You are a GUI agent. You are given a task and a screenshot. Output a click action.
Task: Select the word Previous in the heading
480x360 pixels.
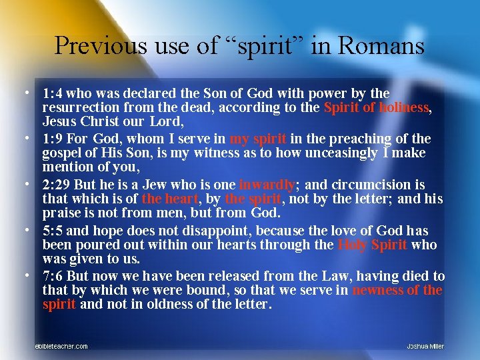[x=99, y=46]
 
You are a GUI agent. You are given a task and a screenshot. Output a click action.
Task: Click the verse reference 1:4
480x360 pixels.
[x=52, y=93]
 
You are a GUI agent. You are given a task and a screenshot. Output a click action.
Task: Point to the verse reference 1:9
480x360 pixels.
[x=52, y=139]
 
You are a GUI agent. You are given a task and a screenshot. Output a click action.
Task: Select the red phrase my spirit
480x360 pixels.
[x=258, y=139]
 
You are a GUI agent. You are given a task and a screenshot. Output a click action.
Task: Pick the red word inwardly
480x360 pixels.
[x=267, y=185]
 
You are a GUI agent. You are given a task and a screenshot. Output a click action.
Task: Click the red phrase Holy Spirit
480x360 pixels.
[x=372, y=245]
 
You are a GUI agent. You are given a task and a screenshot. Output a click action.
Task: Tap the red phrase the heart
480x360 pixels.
[x=169, y=199]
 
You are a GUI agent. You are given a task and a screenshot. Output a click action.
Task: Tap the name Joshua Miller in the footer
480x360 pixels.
[x=425, y=346]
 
